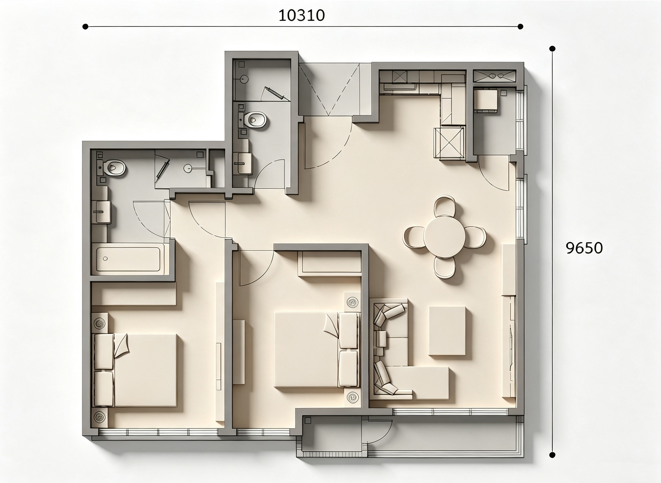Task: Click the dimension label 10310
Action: pyautogui.click(x=302, y=15)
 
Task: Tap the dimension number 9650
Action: pyautogui.click(x=584, y=248)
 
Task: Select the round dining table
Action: pyautogui.click(x=444, y=237)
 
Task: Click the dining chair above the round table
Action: pyautogui.click(x=444, y=206)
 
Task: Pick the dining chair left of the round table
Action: pyautogui.click(x=414, y=237)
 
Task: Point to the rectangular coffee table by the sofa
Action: pyautogui.click(x=447, y=331)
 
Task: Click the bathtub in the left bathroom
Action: pyautogui.click(x=128, y=259)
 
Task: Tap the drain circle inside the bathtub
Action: pyautogui.click(x=106, y=258)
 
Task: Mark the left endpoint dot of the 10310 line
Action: pyautogui.click(x=85, y=27)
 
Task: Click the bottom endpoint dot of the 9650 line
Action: pyautogui.click(x=552, y=455)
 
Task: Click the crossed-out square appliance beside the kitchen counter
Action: pyautogui.click(x=449, y=143)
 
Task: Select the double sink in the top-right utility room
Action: pyautogui.click(x=494, y=76)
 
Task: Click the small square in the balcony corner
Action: pyautogui.click(x=307, y=421)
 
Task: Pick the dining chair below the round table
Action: pyautogui.click(x=445, y=268)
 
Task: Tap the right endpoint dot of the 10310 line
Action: pyautogui.click(x=520, y=27)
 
